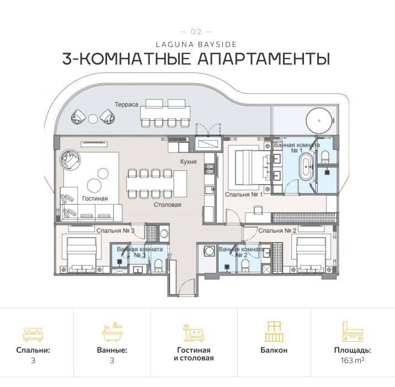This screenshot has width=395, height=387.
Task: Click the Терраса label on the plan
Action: coord(126,104)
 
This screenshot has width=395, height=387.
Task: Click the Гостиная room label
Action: coord(95,198)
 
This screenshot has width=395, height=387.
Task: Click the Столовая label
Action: coord(167,204)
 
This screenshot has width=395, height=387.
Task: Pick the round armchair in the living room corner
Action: coord(71,160)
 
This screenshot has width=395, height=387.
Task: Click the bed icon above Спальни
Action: coord(33,333)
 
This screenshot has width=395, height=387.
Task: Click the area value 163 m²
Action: coord(352,361)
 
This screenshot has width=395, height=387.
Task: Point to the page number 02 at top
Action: coord(196,31)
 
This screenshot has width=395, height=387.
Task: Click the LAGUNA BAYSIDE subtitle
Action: coord(197,43)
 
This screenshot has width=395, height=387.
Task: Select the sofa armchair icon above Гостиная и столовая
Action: coord(194,332)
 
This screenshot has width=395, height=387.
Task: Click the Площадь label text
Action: coord(352,350)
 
